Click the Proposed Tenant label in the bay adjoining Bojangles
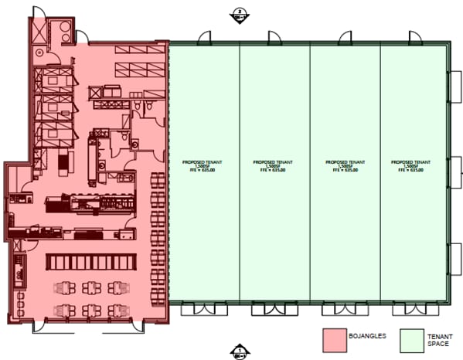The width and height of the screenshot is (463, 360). click(203, 162)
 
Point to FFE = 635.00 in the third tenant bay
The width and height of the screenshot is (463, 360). click(343, 171)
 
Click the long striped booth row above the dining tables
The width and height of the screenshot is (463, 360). click(90, 261)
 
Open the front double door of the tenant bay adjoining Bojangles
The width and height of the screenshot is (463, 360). click(196, 310)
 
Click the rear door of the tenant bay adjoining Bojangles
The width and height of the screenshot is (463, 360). click(205, 37)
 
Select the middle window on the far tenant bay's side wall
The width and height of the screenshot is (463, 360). click(455, 165)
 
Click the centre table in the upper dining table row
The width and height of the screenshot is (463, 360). click(91, 287)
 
